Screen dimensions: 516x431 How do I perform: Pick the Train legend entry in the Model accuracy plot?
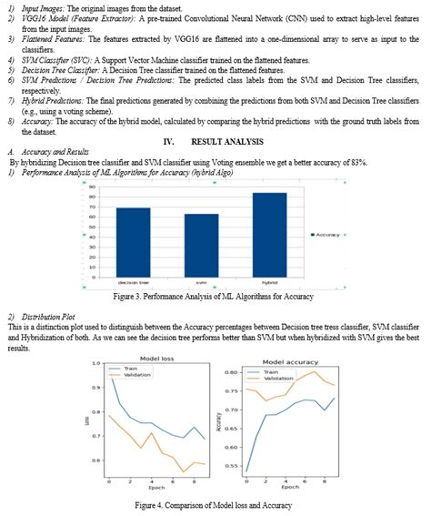(263, 372)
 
